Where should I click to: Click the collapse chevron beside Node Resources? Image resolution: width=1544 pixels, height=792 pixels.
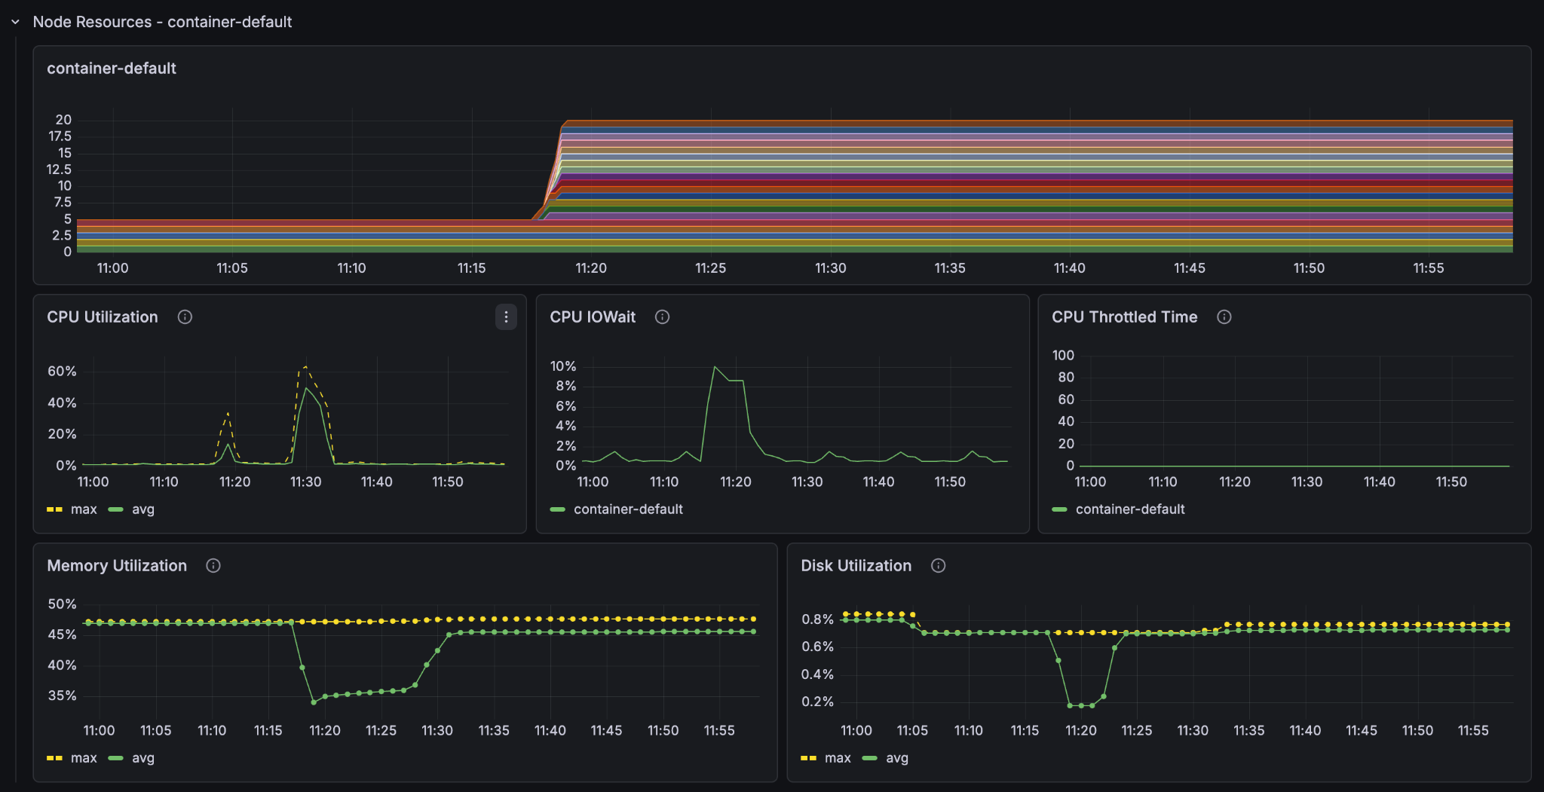15,23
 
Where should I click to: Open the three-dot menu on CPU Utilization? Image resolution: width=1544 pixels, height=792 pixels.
506,317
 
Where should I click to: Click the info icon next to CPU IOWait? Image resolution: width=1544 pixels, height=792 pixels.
662,317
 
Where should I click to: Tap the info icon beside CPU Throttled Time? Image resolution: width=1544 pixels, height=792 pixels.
1224,317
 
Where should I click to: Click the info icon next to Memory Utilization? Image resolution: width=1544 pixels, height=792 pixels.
213,566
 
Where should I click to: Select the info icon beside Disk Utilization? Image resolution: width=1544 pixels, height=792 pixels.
938,566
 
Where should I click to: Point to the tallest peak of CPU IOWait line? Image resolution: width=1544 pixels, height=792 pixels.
715,367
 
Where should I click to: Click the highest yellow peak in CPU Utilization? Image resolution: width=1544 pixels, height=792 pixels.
305,367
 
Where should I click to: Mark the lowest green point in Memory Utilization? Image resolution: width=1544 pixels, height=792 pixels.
314,702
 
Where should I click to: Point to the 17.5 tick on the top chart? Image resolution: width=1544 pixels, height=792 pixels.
60,136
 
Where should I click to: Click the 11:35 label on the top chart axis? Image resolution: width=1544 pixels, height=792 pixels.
950,268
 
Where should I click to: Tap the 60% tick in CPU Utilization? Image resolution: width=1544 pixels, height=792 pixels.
62,372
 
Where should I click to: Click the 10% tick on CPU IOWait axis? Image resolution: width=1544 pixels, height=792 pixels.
562,366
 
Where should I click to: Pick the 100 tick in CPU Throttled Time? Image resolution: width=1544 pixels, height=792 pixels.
1063,355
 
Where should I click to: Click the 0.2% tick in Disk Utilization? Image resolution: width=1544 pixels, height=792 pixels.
817,702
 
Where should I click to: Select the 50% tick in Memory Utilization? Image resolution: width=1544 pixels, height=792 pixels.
62,604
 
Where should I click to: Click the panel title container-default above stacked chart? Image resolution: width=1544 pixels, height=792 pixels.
112,69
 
